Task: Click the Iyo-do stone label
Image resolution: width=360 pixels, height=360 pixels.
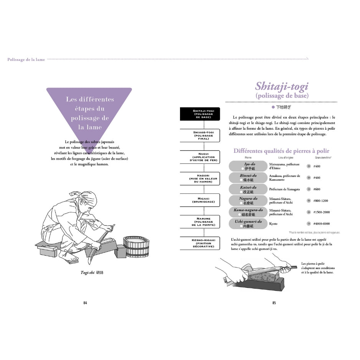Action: pyautogui.click(x=248, y=166)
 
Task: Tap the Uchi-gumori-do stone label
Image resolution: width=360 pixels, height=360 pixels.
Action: pyautogui.click(x=248, y=223)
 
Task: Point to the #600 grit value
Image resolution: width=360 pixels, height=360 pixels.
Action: pyautogui.click(x=317, y=189)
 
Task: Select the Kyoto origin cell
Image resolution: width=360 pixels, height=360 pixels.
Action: pyautogui.click(x=273, y=224)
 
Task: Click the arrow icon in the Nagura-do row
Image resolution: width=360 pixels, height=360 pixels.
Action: pyautogui.click(x=309, y=201)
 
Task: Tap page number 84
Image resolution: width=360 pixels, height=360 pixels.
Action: pyautogui.click(x=85, y=303)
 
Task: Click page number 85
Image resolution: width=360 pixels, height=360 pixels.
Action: pyautogui.click(x=274, y=303)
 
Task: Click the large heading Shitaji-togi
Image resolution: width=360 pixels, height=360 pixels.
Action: pyautogui.click(x=282, y=86)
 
